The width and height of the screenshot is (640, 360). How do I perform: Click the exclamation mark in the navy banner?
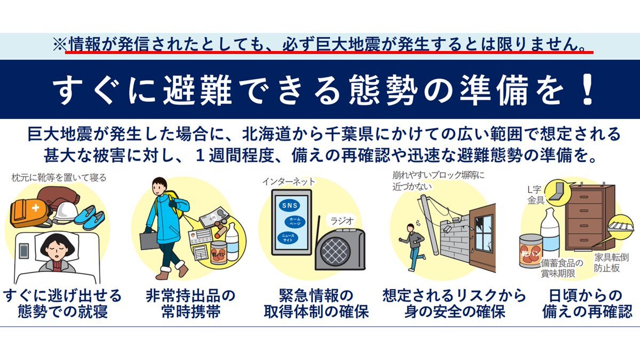(587, 89)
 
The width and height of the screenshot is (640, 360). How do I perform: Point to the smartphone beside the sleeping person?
(24, 251)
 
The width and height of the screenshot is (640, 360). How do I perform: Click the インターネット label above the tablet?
(288, 182)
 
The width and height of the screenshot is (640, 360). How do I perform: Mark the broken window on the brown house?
(483, 235)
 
